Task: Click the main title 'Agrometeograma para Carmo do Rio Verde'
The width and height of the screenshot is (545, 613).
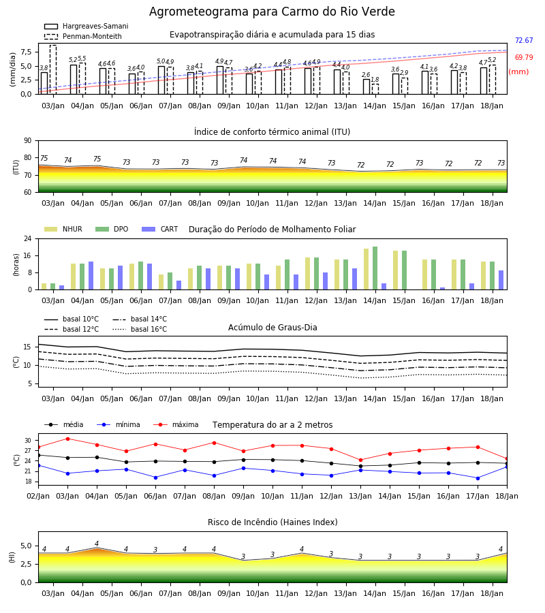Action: [x=272, y=12]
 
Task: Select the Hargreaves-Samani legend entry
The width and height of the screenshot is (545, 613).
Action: [x=86, y=26]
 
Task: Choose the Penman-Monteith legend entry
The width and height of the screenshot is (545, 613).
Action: [x=83, y=36]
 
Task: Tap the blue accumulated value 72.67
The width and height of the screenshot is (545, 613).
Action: [x=524, y=40]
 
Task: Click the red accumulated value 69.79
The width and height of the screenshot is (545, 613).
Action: [x=524, y=57]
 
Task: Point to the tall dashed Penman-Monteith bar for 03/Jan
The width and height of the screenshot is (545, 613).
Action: [x=53, y=69]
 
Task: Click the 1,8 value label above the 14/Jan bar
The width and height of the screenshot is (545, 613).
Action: [x=375, y=80]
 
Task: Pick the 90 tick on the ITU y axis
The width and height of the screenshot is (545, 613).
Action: [x=28, y=141]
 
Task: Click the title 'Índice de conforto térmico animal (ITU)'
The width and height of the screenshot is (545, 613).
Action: [x=272, y=131]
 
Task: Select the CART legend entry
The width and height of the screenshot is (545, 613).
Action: [x=160, y=229]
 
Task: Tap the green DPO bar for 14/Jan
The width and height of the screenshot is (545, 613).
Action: [x=375, y=268]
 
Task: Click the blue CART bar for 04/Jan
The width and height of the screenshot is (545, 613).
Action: [x=91, y=276]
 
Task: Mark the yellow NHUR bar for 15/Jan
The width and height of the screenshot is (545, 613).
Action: [x=396, y=270]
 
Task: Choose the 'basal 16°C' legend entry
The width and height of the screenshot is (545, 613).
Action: [x=140, y=329]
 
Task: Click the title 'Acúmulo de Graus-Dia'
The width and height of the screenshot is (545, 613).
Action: [x=272, y=327]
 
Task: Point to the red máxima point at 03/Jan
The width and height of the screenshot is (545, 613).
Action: [x=67, y=439]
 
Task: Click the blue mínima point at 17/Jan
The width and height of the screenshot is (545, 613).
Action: [x=478, y=478]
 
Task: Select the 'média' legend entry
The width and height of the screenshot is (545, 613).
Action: [x=64, y=424]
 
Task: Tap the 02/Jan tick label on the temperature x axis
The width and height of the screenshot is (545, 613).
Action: [x=38, y=496]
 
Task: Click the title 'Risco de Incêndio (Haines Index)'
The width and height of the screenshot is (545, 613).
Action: [x=272, y=522]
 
